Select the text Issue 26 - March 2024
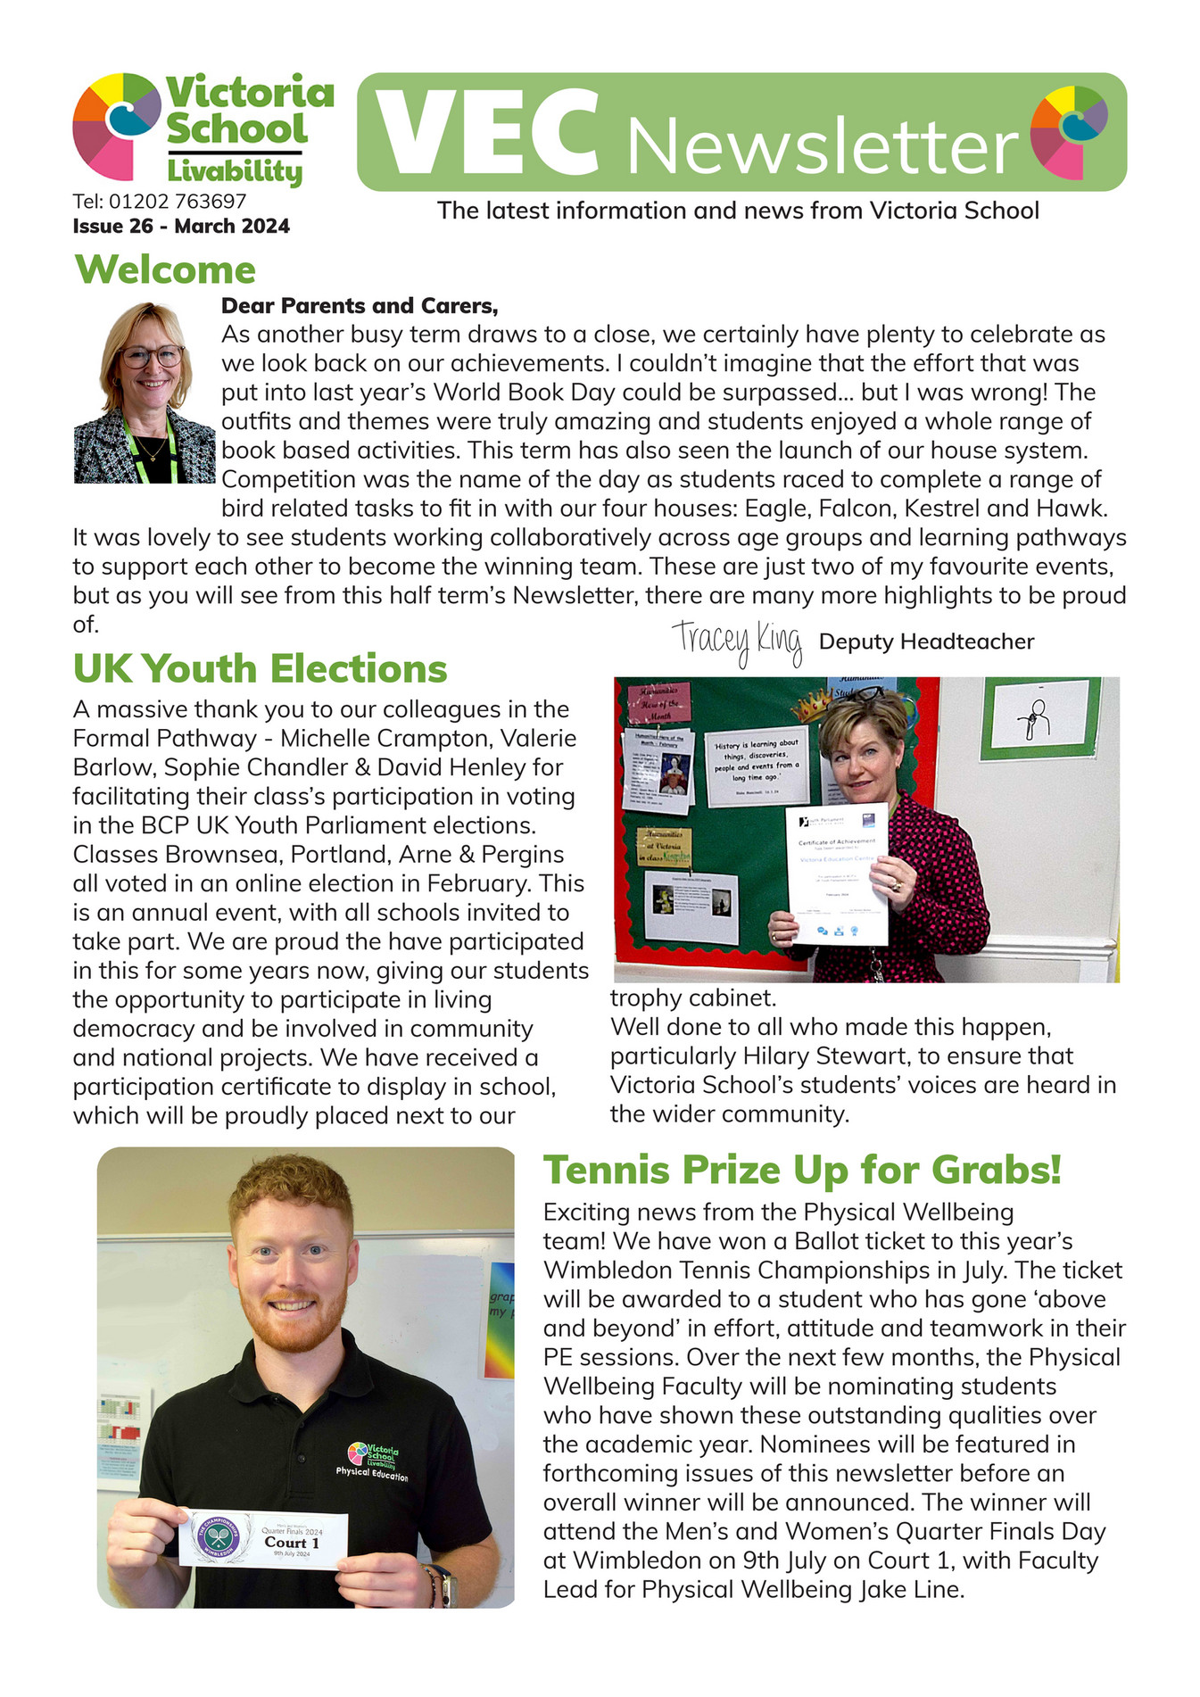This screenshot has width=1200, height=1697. click(181, 226)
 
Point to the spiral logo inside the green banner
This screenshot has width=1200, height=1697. click(1069, 130)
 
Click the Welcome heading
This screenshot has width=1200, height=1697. click(165, 269)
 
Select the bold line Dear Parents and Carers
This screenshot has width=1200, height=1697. click(359, 306)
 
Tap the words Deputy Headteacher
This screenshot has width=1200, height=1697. click(926, 642)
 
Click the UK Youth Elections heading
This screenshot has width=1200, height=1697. click(260, 668)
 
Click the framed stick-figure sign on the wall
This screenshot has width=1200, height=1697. click(1039, 718)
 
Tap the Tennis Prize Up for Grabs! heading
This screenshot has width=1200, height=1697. click(802, 1170)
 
